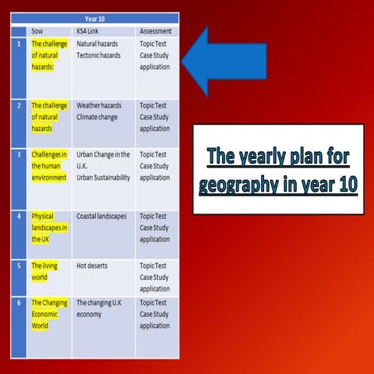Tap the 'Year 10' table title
pos(95,18)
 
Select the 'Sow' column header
pos(37,31)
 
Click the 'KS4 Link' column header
pos(87,31)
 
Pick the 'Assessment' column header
pos(155,31)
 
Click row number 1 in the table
pos(19,44)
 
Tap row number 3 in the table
pos(19,154)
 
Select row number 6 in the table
pos(19,302)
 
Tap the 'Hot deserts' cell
pos(92,266)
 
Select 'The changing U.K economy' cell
pos(102,308)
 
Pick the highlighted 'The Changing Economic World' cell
pos(49,314)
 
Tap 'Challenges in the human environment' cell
pos(49,166)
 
